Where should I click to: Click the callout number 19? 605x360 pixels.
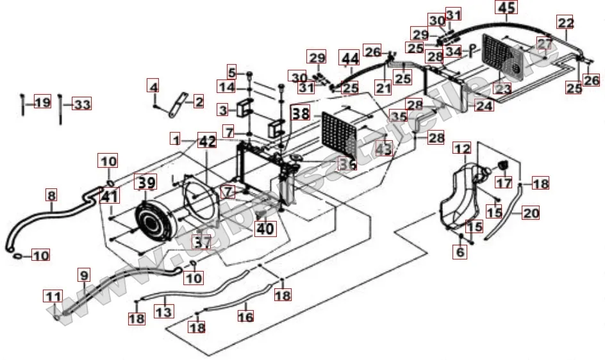[42, 103]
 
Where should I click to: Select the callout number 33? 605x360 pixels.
[81, 104]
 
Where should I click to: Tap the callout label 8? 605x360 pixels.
[52, 193]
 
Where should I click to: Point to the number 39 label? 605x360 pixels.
[145, 183]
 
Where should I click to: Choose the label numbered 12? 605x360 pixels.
[463, 149]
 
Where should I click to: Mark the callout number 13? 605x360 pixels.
[164, 311]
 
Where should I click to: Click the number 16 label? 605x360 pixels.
[245, 316]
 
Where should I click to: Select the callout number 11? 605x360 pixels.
[53, 297]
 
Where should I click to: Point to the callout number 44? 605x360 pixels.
[349, 60]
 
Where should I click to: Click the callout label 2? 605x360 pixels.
[198, 102]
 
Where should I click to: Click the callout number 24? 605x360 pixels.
[485, 105]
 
